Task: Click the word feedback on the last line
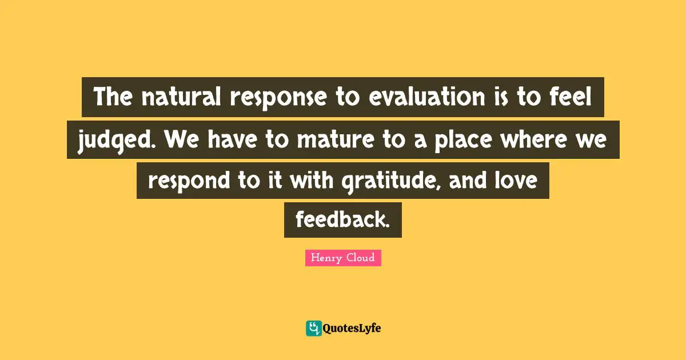[342, 220]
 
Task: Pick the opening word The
[114, 98]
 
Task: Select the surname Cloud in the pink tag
[360, 258]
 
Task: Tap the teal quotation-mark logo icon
[313, 328]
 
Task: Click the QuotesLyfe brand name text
[353, 328]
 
